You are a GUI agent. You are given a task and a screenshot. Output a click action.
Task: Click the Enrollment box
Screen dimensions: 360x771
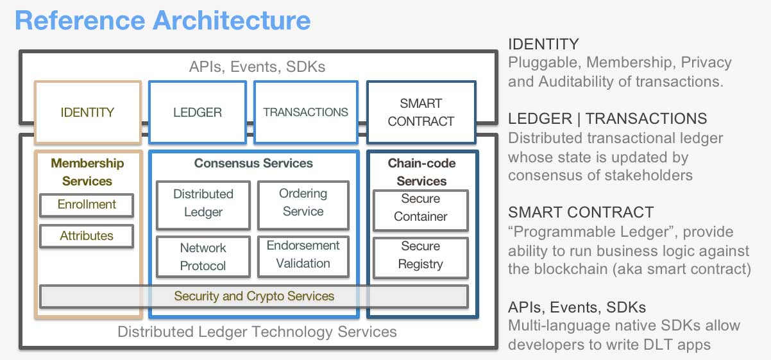tap(87, 205)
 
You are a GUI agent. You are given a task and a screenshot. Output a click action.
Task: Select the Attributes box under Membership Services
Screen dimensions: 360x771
tap(87, 236)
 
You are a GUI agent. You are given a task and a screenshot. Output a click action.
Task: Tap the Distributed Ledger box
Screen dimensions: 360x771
tap(203, 203)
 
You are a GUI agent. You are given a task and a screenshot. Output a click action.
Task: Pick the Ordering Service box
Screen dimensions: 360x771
tap(303, 203)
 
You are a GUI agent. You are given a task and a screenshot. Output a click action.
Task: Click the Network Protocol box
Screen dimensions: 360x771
tap(203, 257)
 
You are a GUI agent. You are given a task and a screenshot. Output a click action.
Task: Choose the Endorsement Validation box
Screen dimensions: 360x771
tap(303, 255)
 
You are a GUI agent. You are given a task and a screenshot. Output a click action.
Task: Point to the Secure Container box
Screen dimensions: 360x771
tap(421, 208)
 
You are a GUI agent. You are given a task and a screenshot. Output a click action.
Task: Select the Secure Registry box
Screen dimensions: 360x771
tap(421, 255)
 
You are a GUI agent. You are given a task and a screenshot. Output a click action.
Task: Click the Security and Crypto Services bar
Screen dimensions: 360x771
tap(254, 296)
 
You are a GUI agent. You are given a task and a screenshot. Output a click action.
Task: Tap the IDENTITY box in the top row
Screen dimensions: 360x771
tap(87, 112)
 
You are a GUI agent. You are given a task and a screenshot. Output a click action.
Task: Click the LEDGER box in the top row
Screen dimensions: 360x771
tap(198, 112)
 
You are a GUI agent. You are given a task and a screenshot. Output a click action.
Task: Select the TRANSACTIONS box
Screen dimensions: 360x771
tap(305, 112)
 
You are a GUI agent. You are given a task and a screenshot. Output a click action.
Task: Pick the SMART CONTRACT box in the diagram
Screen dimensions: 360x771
tap(421, 112)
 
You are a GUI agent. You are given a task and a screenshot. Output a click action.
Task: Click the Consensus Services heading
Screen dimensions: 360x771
tap(254, 164)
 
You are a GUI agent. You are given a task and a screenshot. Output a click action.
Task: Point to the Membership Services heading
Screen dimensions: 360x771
tap(87, 172)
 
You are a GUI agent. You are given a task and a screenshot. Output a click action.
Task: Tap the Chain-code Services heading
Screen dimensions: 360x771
tap(421, 172)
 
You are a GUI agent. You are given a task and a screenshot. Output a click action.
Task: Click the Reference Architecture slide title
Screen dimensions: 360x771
tap(162, 21)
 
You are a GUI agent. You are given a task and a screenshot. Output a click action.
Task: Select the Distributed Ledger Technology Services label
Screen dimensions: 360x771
tap(257, 332)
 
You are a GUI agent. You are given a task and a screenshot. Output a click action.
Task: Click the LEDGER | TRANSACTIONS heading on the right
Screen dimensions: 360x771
tap(607, 119)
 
